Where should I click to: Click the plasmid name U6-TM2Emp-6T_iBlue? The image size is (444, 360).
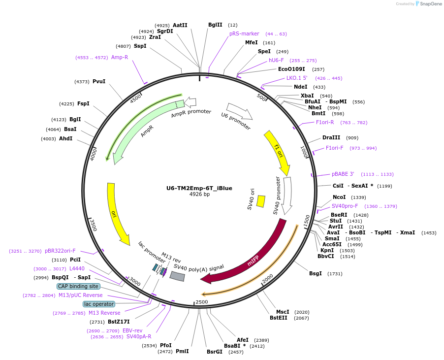point(199,188)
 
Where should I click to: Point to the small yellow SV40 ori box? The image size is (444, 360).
point(261,201)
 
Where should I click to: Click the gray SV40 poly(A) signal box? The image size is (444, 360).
point(177,276)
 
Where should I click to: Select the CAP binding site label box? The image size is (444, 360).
point(78,286)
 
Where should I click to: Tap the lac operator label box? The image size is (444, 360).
point(98,304)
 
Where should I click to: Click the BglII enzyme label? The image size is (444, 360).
point(215,25)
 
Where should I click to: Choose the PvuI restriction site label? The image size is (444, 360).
point(99,81)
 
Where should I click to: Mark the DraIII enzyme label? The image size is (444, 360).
point(331,137)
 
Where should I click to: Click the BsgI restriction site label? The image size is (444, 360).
point(316,273)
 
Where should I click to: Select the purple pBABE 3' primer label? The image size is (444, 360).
point(343,174)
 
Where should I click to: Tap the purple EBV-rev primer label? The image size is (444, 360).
point(132,330)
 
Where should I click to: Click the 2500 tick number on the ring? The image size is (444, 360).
point(202,301)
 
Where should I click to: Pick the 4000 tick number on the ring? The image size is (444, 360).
point(93,155)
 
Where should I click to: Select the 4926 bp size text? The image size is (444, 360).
point(199,195)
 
